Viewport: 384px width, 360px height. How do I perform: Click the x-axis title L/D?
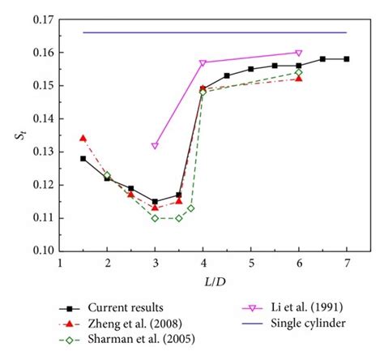(x=203, y=280)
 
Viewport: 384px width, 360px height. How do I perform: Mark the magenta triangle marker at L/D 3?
(x=155, y=146)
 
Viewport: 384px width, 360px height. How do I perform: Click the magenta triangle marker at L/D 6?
(x=299, y=53)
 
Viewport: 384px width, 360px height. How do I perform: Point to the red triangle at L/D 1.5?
(x=83, y=139)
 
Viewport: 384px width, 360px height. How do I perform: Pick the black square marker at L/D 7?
(x=347, y=59)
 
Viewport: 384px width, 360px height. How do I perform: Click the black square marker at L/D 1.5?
(x=83, y=159)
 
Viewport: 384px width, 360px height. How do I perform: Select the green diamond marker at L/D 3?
(x=155, y=218)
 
